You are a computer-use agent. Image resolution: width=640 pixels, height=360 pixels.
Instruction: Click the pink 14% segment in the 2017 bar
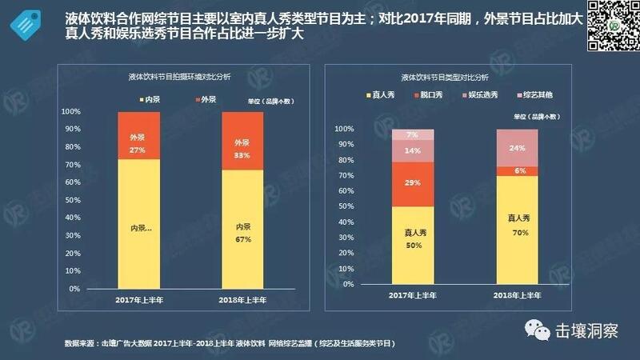point(412,150)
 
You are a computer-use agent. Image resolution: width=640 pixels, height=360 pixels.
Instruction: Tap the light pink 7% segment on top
point(412,134)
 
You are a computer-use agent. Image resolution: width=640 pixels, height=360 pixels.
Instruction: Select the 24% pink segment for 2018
point(517,147)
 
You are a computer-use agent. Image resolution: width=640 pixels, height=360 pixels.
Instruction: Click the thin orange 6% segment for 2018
point(517,171)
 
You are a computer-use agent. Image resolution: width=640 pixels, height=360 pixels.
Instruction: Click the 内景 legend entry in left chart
point(149,99)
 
